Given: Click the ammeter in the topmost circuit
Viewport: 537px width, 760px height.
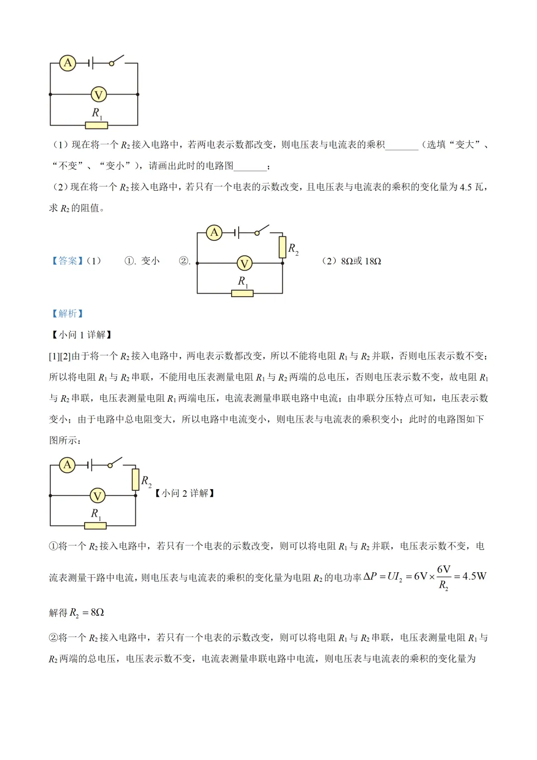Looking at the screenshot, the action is click(68, 63).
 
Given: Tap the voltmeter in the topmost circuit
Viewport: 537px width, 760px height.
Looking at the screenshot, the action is click(98, 95).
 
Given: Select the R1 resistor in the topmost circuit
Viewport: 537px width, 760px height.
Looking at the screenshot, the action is click(96, 125).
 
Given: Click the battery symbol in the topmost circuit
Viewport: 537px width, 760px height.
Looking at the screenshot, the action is click(90, 63).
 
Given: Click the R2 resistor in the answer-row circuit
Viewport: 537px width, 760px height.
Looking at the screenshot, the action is click(282, 247).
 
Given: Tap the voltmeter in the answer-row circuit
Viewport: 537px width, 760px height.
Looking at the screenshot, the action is click(244, 263).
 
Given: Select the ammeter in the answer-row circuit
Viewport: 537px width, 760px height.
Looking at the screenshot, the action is click(214, 232).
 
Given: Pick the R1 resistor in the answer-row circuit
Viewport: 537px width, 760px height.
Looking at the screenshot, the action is click(242, 294).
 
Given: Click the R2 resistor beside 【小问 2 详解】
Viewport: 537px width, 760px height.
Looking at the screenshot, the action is click(135, 480).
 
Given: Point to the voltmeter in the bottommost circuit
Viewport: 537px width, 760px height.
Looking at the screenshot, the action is click(97, 496).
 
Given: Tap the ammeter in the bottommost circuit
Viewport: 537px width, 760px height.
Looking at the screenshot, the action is click(67, 465).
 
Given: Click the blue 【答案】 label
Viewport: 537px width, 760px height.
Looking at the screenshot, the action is click(68, 261).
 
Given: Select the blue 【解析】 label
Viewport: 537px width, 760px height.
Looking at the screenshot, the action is click(68, 314).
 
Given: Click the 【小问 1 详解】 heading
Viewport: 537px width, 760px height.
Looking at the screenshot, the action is click(82, 335).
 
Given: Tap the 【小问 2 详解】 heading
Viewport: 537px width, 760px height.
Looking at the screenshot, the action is click(184, 493).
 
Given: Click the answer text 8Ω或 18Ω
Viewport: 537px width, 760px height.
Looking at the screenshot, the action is click(361, 261).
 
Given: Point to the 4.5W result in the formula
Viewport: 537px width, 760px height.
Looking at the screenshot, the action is click(474, 576).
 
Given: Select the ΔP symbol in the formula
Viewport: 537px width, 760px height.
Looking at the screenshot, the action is click(370, 576).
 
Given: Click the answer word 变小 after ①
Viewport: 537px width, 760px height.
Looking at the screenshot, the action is click(150, 261).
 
